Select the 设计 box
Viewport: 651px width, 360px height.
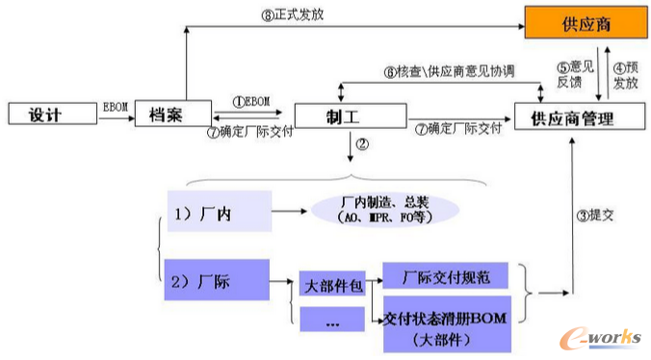46,115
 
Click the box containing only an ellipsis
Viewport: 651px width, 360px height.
333,321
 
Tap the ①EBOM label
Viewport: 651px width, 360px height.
251,101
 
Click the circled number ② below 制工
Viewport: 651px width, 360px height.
363,144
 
